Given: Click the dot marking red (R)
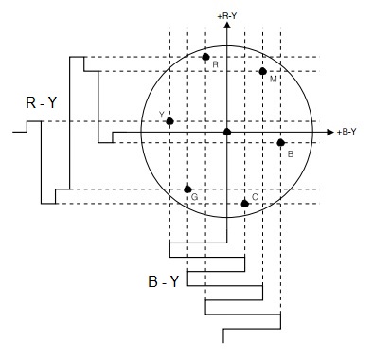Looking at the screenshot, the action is [x=205, y=57].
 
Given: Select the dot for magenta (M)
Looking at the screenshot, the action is [x=262, y=71].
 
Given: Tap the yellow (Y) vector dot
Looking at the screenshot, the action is [x=169, y=121].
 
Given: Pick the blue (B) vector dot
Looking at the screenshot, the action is [x=280, y=143].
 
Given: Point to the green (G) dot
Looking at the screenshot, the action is [x=187, y=189].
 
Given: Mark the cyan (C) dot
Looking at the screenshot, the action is [x=244, y=204].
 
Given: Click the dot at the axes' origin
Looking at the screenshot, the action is [x=227, y=132].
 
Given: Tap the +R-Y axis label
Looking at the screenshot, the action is [x=227, y=16].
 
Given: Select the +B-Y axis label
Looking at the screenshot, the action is [x=346, y=132].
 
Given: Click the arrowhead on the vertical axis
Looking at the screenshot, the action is [x=227, y=25].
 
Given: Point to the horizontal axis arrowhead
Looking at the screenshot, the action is [x=330, y=132].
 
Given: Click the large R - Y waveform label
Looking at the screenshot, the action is [x=41, y=102].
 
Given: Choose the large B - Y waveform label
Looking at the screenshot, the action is [x=163, y=281].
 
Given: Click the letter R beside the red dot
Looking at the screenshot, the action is [x=216, y=64].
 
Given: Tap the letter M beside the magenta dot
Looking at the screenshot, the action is [x=274, y=80].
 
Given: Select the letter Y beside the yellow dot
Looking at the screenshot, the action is [x=162, y=115].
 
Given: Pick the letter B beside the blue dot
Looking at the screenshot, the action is [x=291, y=154].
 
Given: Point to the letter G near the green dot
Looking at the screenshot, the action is [x=195, y=197].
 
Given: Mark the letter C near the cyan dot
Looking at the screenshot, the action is [x=255, y=197].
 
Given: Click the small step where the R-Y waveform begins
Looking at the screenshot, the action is [x=27, y=126].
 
